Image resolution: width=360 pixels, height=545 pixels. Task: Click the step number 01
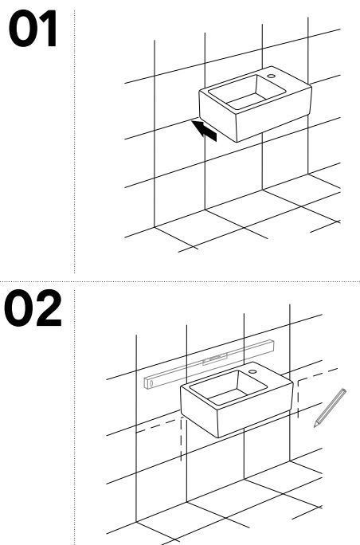click(33, 28)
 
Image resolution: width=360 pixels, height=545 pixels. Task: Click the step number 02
click(33, 308)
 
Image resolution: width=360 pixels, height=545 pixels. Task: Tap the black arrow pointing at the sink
click(205, 131)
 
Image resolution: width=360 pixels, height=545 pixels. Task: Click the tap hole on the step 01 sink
click(271, 76)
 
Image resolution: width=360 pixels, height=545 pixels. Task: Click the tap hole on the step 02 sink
click(252, 371)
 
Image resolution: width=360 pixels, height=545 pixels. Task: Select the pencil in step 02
click(330, 408)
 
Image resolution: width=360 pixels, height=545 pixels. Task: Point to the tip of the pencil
click(315, 425)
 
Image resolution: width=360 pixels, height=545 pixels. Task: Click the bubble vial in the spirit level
click(216, 359)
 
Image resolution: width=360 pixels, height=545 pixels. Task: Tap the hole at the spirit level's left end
click(151, 384)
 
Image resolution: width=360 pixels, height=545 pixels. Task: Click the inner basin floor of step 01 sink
click(245, 100)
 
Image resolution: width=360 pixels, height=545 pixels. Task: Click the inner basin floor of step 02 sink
click(227, 397)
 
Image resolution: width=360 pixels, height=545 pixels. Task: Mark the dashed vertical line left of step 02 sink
click(181, 440)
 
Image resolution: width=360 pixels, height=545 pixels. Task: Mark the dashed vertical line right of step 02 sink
click(298, 398)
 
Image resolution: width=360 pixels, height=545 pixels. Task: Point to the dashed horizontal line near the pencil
click(318, 374)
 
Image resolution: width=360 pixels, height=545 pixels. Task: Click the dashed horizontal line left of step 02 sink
click(157, 426)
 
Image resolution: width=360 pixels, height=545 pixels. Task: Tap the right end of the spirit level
click(273, 346)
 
